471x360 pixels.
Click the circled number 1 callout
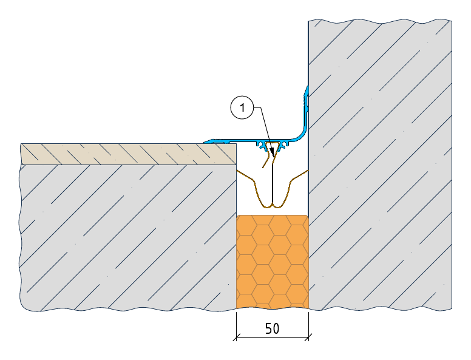pos(242,107)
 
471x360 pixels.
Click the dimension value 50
pos(272,328)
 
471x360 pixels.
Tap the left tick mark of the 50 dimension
pos(236,337)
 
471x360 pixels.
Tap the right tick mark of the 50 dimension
pos(308,337)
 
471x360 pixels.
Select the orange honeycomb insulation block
pos(273,262)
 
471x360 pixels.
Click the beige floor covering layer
pos(129,154)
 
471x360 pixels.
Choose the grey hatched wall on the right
pos(380,165)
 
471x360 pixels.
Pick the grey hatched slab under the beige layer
pos(129,237)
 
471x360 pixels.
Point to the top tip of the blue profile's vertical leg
pos(307,87)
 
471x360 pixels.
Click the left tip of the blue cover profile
pos(205,142)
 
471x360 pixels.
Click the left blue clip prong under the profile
pos(262,146)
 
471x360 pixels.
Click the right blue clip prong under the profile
pos(283,146)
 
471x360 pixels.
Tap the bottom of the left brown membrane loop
pos(265,207)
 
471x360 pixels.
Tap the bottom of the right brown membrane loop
pos(277,207)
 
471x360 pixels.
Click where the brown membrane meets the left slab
pos(237,171)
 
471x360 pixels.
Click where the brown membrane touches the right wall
pos(308,171)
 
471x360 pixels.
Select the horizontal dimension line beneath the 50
pos(273,337)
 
